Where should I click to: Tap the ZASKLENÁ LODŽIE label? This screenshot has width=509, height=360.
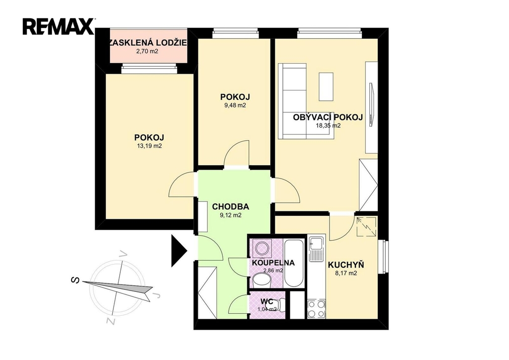[x=148, y=43]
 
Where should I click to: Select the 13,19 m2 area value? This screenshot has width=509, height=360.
[x=149, y=146]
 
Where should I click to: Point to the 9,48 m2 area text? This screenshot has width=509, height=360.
[x=235, y=105]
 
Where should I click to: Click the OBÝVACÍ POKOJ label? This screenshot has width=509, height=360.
[x=328, y=117]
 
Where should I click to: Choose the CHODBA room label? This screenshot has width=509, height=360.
[x=231, y=206]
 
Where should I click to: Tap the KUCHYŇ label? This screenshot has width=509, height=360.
[x=346, y=265]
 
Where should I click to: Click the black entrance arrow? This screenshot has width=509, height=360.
[x=179, y=250]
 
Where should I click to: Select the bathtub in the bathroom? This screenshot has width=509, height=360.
[x=294, y=263]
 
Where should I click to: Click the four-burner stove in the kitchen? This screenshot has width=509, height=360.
[x=316, y=309]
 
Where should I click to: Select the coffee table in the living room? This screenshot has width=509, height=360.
[x=326, y=87]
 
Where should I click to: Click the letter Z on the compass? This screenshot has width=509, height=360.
[x=111, y=321]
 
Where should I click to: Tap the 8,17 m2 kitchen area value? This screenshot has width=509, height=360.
[x=346, y=273]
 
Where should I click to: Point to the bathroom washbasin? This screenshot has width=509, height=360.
[x=261, y=280]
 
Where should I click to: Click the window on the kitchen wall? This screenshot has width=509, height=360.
[x=383, y=257]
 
